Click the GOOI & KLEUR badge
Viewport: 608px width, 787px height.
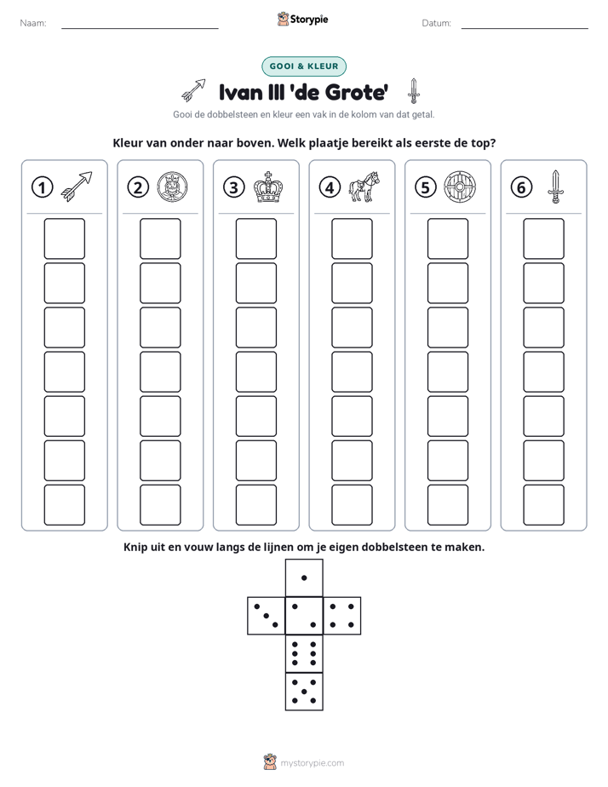coord(303,66)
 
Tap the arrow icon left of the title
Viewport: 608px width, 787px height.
coord(193,89)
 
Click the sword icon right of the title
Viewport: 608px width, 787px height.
coord(413,91)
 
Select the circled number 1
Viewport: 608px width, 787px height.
coord(42,187)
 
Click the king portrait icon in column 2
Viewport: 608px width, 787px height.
coord(173,187)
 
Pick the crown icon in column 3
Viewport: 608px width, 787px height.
coord(268,187)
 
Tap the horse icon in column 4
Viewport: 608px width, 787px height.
coord(364,187)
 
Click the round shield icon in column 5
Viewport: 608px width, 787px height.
coord(460,187)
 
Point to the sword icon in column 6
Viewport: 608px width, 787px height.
coord(556,187)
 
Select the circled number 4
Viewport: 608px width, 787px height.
coord(330,187)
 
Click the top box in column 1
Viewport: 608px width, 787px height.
coord(64,238)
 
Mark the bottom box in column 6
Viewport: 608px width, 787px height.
coord(544,505)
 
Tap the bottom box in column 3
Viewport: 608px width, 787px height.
coord(255,505)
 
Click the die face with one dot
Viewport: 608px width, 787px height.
coord(304,577)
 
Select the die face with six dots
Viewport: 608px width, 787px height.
coord(304,653)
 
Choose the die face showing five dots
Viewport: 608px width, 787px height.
coord(304,692)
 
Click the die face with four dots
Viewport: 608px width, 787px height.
coord(342,616)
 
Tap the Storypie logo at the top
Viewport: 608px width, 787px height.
coord(302,20)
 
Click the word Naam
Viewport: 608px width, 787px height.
coord(33,23)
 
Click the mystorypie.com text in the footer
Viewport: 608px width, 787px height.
coord(312,763)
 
